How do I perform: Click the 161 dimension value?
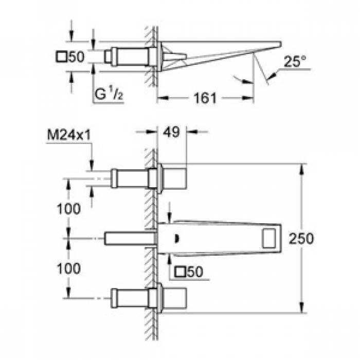[x=205, y=98]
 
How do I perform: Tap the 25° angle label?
[x=295, y=61]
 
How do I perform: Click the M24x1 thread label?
[x=69, y=135]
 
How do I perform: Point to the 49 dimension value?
[x=171, y=132]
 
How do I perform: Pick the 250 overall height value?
[x=301, y=238]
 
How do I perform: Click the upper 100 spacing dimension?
[x=68, y=209]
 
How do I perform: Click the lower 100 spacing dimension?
[x=68, y=268]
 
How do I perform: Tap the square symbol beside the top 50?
[x=61, y=57]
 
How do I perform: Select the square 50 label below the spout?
[x=189, y=272]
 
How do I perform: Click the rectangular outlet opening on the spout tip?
[x=269, y=238]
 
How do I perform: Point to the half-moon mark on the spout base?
[x=177, y=239]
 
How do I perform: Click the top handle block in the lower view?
[x=175, y=178]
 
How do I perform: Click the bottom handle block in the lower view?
[x=175, y=298]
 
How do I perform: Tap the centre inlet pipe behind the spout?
[x=130, y=238]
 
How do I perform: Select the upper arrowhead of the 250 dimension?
[x=302, y=169]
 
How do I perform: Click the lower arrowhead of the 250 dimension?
[x=302, y=307]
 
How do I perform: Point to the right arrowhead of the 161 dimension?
[x=248, y=98]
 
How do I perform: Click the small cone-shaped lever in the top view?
[x=175, y=57]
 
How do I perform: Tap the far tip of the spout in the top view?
[x=281, y=44]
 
